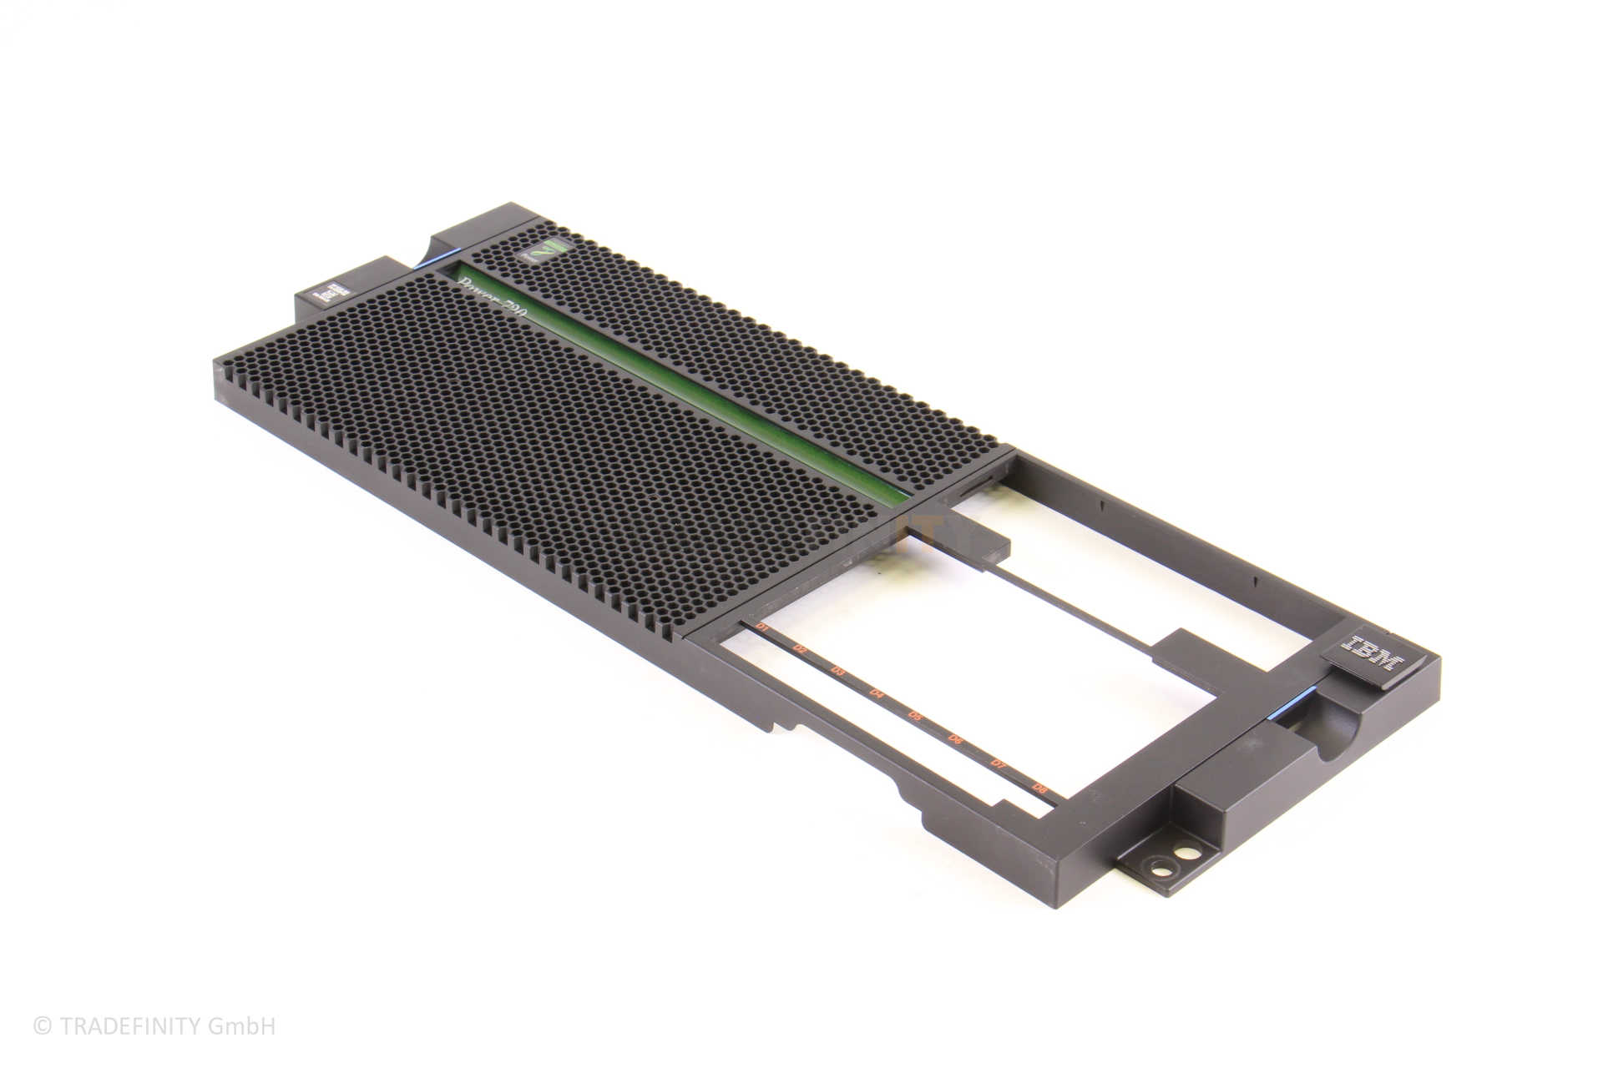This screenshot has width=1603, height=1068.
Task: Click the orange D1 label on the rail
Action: coord(761,626)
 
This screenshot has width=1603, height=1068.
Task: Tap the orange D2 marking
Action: coord(800,648)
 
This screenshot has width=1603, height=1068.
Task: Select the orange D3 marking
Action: coord(838,671)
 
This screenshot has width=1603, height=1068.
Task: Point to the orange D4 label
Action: coord(877,693)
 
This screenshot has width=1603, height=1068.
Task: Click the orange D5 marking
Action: coord(916,716)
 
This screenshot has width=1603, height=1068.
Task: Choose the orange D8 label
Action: coord(1039,788)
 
